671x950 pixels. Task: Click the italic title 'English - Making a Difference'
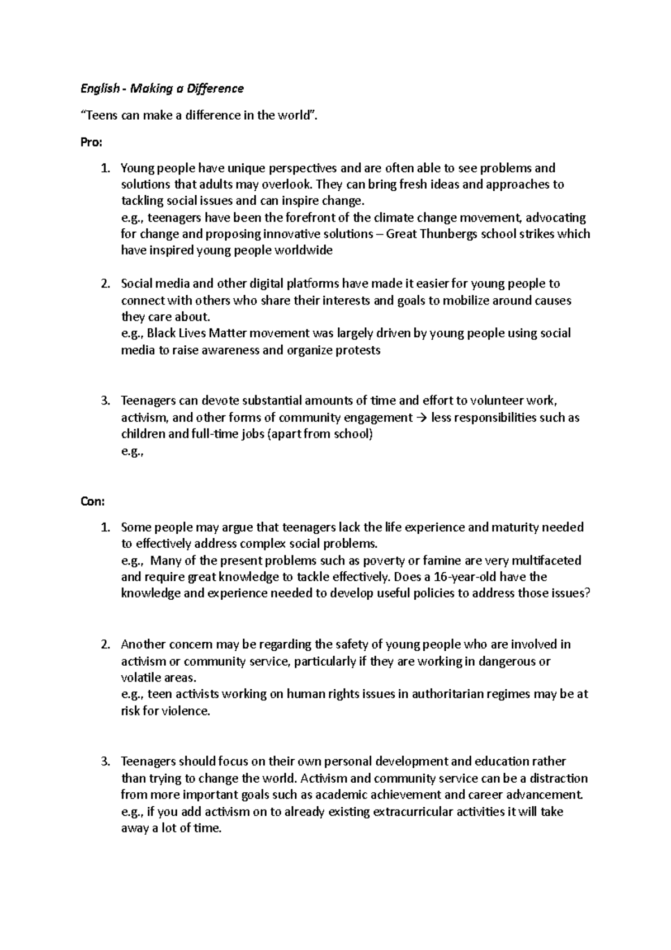click(162, 88)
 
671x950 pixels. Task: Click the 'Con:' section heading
click(93, 501)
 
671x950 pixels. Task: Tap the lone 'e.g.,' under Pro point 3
click(133, 451)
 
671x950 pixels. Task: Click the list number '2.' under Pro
click(106, 284)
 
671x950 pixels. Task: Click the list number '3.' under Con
click(106, 761)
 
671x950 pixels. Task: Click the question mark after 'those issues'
click(587, 594)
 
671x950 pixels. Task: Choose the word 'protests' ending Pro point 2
click(358, 350)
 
